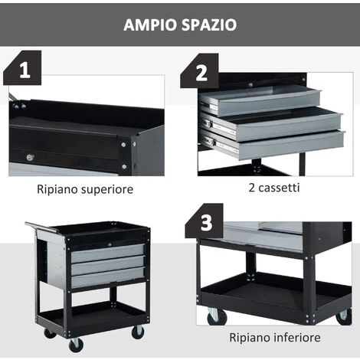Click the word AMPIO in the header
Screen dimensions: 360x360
pos(150,25)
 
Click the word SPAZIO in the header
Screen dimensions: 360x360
pos(209,25)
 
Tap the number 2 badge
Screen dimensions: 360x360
pos(200,72)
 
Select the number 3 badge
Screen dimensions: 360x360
pos(205,221)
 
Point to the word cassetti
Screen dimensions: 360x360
pos(279,188)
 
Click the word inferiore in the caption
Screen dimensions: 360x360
pos(297,338)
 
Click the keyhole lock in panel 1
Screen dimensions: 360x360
pos(30,157)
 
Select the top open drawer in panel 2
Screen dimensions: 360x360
pos(260,100)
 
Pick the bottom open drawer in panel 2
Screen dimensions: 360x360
pos(273,144)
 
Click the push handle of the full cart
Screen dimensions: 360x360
pos(42,227)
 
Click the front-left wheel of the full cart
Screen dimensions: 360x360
pos(76,345)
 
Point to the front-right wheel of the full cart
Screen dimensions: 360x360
pos(138,332)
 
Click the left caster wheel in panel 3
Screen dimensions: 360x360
pos(217,317)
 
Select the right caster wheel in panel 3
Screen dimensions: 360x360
pos(344,316)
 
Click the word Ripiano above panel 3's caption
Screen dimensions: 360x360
pos(250,338)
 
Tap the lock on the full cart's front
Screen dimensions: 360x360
pos(110,244)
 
